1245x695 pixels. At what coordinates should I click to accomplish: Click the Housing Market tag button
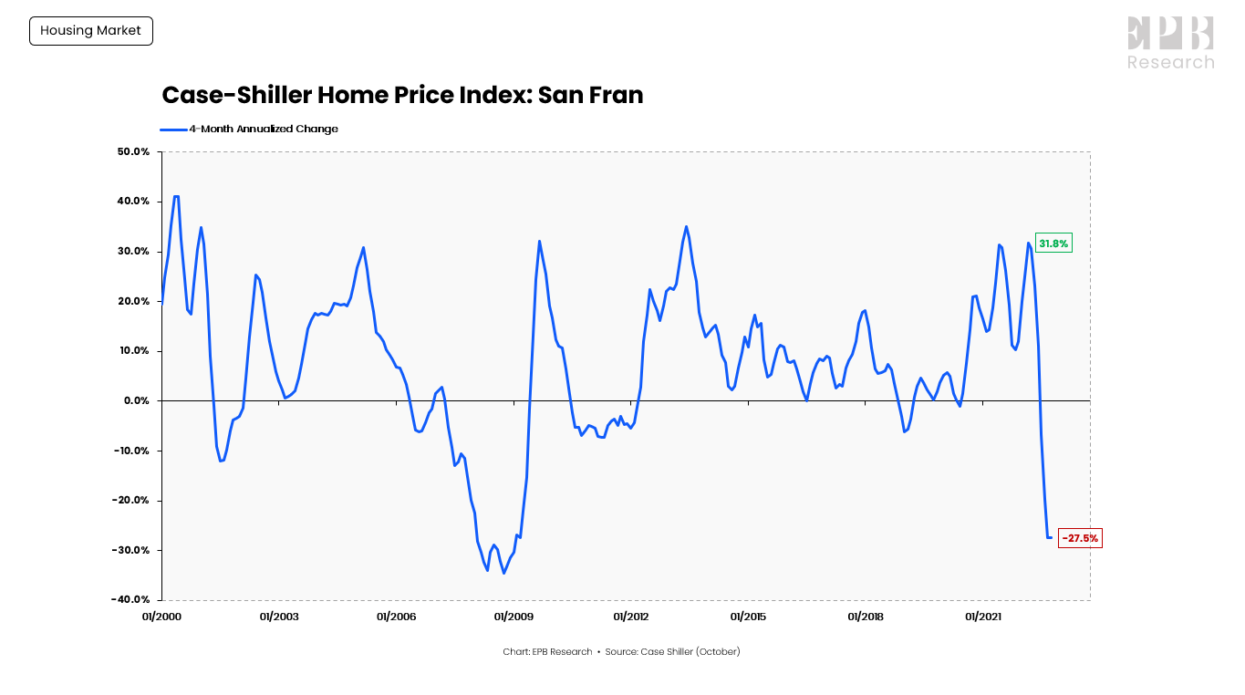tap(91, 31)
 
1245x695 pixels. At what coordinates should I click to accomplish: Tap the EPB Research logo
tap(1170, 43)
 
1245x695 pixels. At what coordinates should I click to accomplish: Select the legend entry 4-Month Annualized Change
tap(263, 129)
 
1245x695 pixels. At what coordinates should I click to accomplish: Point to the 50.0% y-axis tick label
tap(133, 151)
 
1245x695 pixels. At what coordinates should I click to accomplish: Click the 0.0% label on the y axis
tap(137, 400)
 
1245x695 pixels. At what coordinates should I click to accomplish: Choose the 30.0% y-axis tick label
tap(133, 251)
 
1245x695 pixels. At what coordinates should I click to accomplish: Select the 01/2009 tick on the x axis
tap(514, 617)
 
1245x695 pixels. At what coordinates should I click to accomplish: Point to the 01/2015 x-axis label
tap(748, 617)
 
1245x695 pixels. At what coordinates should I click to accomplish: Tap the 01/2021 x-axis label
tap(982, 617)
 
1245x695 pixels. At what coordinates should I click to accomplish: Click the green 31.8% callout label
tap(1053, 244)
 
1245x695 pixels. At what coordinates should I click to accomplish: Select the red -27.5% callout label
tap(1080, 538)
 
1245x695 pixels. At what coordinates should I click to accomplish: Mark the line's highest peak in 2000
tap(175, 196)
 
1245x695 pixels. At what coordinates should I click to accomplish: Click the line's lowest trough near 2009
tap(503, 573)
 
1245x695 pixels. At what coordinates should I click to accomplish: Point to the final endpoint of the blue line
tap(1051, 537)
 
